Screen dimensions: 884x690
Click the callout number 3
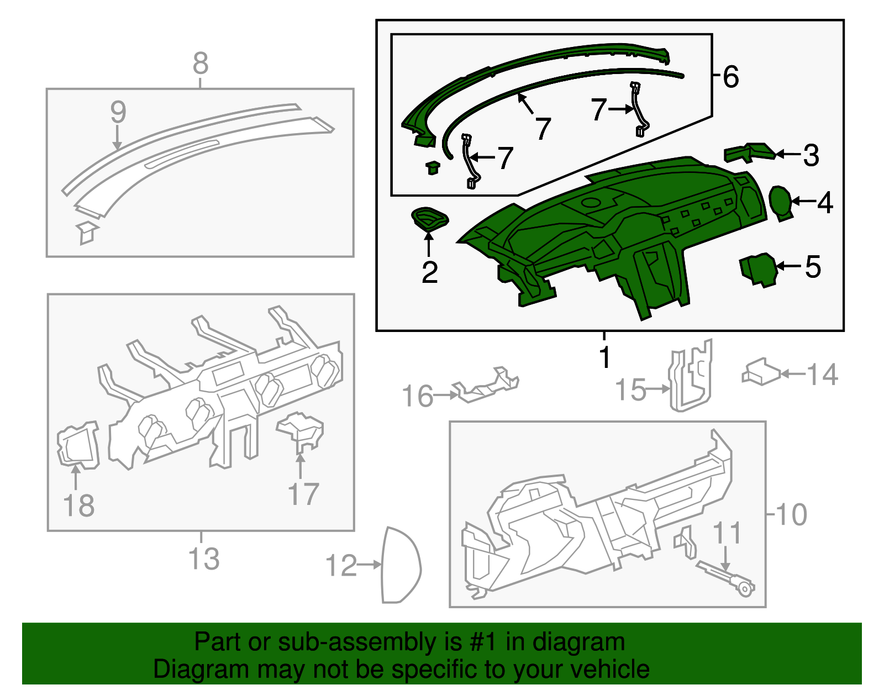point(811,155)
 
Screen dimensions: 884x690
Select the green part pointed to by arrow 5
point(758,270)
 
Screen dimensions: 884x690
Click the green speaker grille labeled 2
point(430,219)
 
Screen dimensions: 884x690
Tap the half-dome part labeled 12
point(401,565)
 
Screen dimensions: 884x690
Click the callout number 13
point(204,559)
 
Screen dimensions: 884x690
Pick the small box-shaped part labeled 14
point(760,372)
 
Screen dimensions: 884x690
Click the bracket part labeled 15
point(691,375)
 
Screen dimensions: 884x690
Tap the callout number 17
point(303,494)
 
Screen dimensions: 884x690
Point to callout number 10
point(792,514)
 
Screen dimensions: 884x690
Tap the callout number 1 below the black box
point(605,356)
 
